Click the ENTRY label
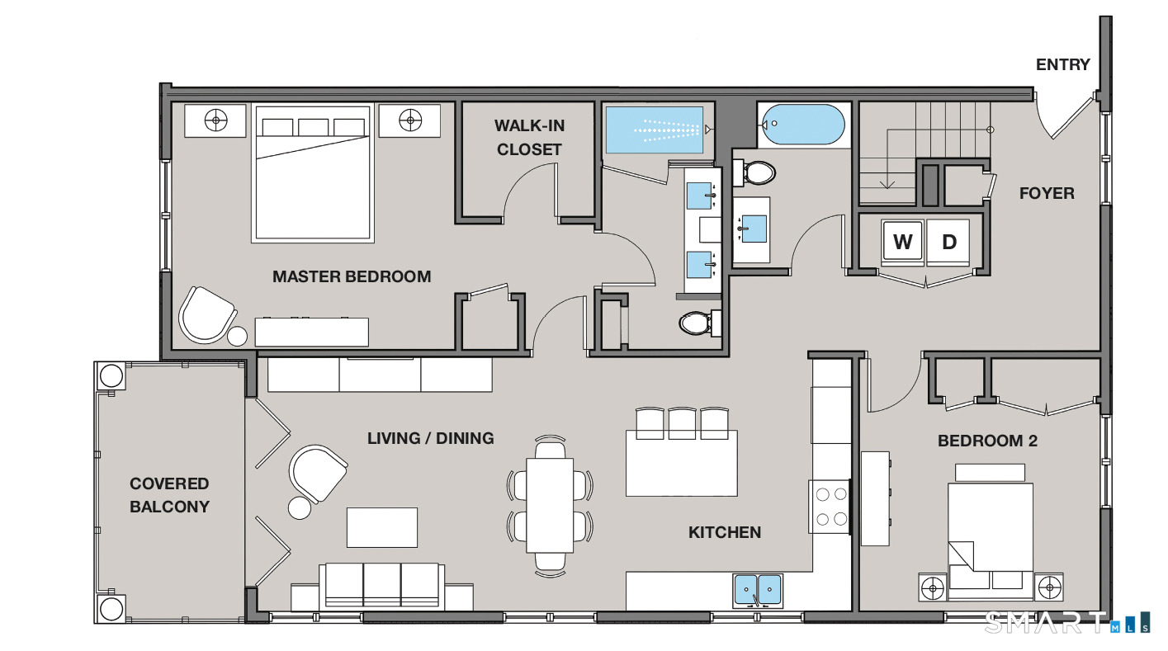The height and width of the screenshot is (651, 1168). (1062, 64)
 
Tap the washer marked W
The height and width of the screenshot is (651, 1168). (902, 243)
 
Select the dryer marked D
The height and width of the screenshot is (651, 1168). (948, 243)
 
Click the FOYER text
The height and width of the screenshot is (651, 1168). (1047, 193)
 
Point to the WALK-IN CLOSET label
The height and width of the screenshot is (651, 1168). (529, 138)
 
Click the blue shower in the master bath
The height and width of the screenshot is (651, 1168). (654, 130)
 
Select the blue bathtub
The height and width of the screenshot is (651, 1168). (803, 124)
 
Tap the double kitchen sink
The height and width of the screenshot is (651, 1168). (758, 591)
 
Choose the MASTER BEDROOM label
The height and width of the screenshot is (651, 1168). (352, 276)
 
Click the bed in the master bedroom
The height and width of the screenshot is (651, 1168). (313, 173)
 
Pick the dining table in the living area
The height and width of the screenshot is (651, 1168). (550, 505)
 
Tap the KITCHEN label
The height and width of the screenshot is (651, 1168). (724, 532)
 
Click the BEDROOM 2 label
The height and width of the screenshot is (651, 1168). (987, 441)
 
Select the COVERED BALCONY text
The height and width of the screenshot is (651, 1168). (169, 495)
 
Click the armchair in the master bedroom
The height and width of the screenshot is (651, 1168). (206, 315)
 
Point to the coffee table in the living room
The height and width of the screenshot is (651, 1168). (381, 527)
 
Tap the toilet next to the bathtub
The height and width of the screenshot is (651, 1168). (754, 172)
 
